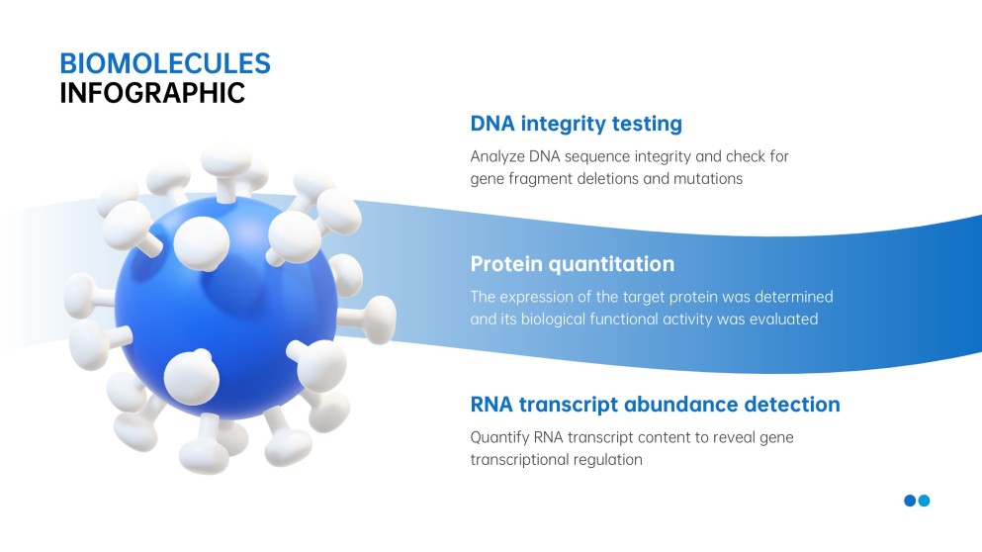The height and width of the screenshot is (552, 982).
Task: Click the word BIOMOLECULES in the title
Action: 165,63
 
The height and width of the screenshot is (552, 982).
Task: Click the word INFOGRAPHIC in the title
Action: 152,93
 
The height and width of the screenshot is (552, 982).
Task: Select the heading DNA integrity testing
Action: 577,124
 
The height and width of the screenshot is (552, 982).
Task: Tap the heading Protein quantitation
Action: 573,264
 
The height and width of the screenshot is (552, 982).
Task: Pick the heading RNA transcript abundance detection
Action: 655,405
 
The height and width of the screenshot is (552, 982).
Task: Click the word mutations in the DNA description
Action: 708,179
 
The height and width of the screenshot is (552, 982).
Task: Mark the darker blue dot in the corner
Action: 910,501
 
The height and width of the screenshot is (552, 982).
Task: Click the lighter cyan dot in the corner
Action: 924,501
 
